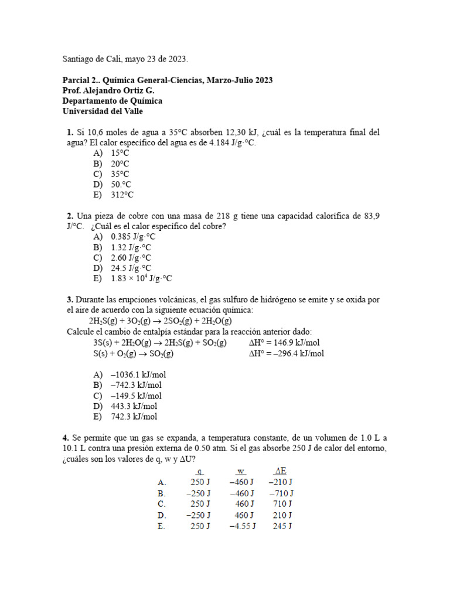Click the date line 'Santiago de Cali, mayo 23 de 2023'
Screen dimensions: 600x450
pos(125,59)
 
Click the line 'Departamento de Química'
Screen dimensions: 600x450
pos(112,101)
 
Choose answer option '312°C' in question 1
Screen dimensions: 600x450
pos(122,195)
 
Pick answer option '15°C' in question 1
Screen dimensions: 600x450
pos(120,153)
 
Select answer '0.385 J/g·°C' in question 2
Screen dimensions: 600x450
pos(133,237)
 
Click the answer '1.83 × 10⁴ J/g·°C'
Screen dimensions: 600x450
pos(141,279)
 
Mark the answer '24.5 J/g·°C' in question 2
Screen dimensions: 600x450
pos(131,268)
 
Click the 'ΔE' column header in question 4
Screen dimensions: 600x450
pos(280,471)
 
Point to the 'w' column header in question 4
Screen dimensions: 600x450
pos(241,471)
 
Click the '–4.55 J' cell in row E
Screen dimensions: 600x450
pos(241,526)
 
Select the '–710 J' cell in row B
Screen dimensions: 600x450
pos(281,493)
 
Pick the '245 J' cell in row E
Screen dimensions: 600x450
pos(282,526)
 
